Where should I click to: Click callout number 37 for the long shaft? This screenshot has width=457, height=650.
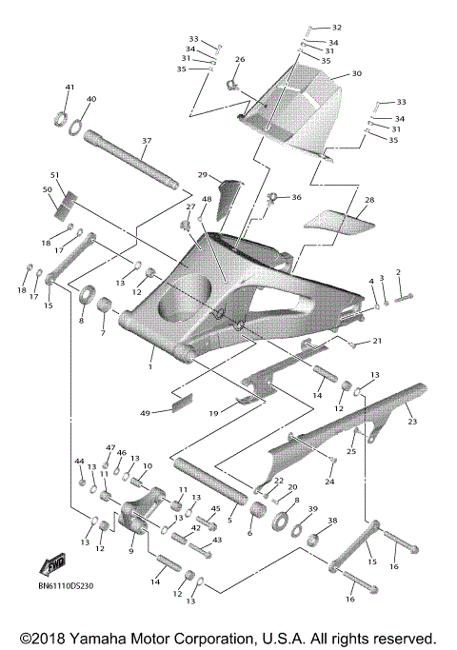click(x=146, y=141)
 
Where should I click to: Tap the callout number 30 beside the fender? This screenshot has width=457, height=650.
click(x=357, y=73)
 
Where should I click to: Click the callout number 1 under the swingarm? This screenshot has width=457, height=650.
click(x=150, y=364)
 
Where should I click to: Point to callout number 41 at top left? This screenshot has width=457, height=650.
click(x=70, y=88)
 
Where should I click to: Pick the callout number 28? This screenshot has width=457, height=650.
click(x=368, y=201)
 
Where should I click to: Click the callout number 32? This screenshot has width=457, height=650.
click(x=336, y=28)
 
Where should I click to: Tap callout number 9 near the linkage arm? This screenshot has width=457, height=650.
click(x=131, y=549)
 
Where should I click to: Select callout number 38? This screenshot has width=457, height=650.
click(x=332, y=521)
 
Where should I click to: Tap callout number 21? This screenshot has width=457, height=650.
click(x=377, y=340)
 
